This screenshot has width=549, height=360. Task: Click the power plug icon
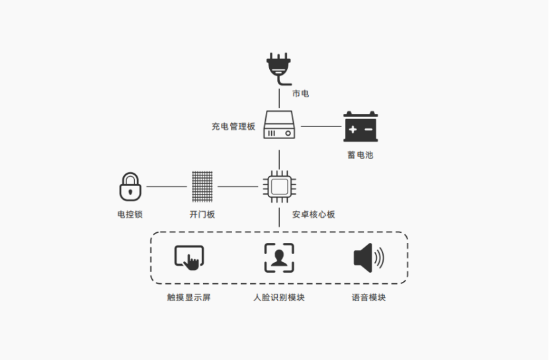(278, 67)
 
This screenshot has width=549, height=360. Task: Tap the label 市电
(301, 93)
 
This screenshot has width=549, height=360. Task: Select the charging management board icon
(279, 124)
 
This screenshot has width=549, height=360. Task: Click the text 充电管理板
(233, 126)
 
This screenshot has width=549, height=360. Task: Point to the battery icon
(360, 126)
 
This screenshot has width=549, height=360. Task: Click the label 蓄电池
(360, 155)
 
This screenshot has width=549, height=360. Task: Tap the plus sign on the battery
(353, 130)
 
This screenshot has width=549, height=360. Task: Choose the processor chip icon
(279, 187)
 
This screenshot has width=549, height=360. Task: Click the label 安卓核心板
(314, 214)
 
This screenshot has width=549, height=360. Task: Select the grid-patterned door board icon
(202, 187)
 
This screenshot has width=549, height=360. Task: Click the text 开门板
(202, 214)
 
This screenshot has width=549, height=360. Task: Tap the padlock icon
(130, 187)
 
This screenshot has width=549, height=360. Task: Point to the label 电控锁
(130, 214)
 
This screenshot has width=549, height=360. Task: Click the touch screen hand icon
(189, 257)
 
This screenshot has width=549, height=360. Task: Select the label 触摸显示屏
(189, 297)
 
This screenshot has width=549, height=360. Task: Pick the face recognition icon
(279, 257)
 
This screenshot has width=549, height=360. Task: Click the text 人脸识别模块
(279, 297)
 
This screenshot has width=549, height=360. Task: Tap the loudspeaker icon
(368, 257)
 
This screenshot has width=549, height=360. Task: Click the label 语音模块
(368, 297)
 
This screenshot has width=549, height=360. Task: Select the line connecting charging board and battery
(321, 126)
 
